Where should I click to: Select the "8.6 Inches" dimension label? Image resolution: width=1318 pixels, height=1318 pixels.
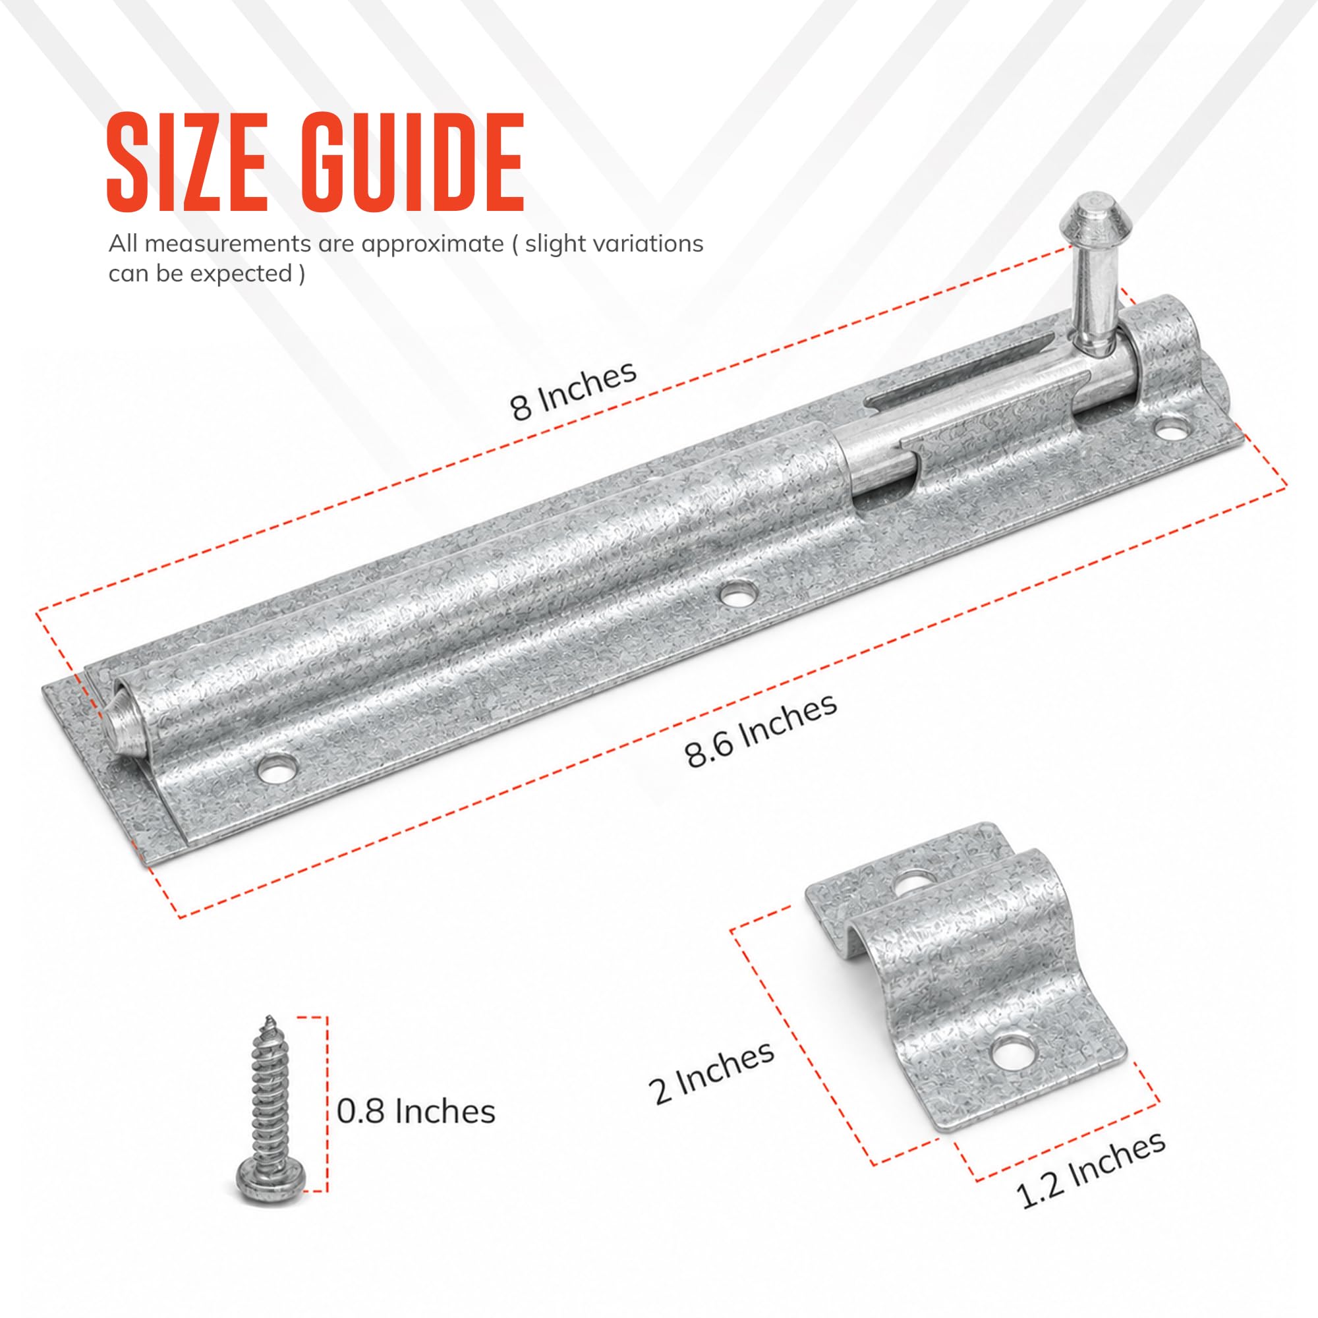(761, 731)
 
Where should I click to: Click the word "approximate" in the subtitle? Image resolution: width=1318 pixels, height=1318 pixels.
(432, 244)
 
